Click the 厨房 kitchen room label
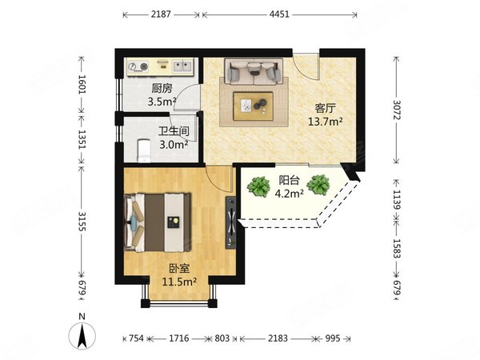pyautogui.click(x=162, y=89)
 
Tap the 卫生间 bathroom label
pyautogui.click(x=174, y=131)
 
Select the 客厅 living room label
pyautogui.click(x=325, y=108)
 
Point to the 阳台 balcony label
pyautogui.click(x=289, y=180)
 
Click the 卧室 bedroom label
pyautogui.click(x=179, y=269)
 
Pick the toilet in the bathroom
pyautogui.click(x=144, y=150)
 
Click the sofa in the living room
pyautogui.click(x=254, y=72)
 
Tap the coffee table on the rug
pyautogui.click(x=254, y=106)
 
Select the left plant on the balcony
pyautogui.click(x=258, y=186)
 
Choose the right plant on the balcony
pyautogui.click(x=318, y=185)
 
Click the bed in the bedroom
pyautogui.click(x=158, y=222)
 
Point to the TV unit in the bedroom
pyautogui.click(x=231, y=222)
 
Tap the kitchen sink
pyautogui.click(x=182, y=66)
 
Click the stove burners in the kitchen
pyautogui.click(x=138, y=66)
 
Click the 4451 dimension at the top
pyautogui.click(x=279, y=14)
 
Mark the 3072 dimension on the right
pyautogui.click(x=397, y=110)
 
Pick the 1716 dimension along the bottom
pyautogui.click(x=179, y=338)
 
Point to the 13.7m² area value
pyautogui.click(x=325, y=122)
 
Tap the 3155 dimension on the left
pyautogui.click(x=82, y=222)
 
